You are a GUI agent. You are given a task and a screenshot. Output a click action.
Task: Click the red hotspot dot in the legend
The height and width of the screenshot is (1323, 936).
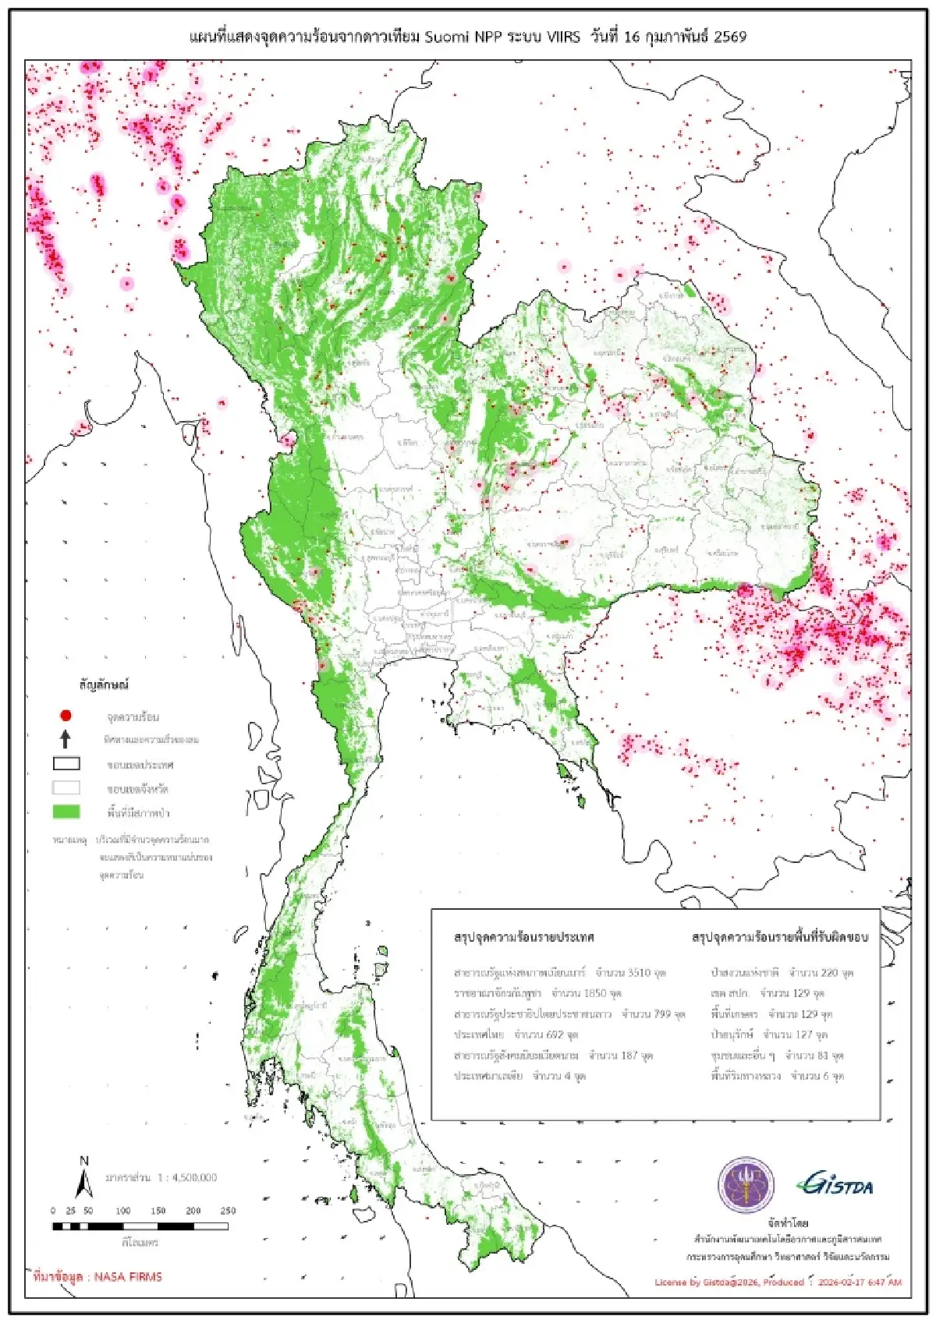pos(66,715)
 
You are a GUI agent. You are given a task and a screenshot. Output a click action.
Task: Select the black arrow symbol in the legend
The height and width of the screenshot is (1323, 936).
pos(66,739)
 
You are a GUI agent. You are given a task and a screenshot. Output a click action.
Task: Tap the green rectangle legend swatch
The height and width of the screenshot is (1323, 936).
pos(66,812)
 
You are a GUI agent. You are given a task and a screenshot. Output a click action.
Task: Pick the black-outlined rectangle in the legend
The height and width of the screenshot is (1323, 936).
pos(66,763)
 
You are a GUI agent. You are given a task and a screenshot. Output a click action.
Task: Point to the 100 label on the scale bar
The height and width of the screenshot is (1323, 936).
pos(123,1211)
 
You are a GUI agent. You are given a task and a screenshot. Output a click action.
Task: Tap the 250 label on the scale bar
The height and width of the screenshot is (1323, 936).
pos(228,1211)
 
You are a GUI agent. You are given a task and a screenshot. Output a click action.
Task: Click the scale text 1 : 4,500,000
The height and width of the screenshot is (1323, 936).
pos(187,1177)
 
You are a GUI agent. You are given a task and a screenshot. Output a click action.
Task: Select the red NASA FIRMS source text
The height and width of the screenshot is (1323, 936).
pos(97,1277)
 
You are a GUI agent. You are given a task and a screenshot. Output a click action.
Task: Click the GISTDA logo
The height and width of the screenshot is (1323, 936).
pos(835,1185)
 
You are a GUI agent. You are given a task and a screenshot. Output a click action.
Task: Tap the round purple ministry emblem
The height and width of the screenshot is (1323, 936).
pos(746,1185)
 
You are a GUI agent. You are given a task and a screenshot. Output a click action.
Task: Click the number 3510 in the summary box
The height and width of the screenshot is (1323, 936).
pos(639,973)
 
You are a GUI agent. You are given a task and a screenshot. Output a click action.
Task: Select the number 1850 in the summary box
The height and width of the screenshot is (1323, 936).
pos(595,993)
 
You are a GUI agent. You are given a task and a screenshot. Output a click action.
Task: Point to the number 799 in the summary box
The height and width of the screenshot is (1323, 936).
pos(661,1014)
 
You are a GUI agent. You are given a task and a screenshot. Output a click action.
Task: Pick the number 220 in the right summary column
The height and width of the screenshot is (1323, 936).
pos(828,973)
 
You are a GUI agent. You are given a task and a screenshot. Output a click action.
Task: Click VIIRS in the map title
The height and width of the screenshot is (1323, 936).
pos(564,37)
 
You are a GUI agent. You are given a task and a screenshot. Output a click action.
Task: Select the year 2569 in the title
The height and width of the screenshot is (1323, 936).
pos(729,37)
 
